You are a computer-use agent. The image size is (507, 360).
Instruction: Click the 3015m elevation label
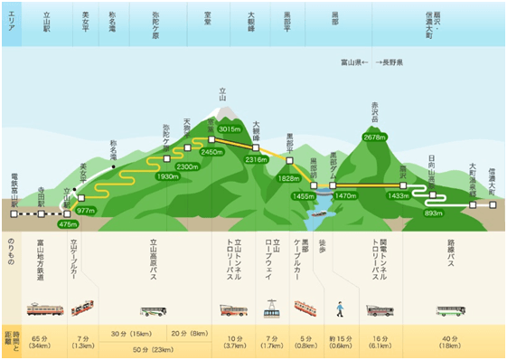tap(231, 130)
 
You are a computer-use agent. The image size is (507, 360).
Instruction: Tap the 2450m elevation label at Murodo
tap(211, 152)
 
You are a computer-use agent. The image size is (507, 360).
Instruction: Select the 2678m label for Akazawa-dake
tap(373, 137)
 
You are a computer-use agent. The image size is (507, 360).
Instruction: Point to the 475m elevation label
tap(68, 223)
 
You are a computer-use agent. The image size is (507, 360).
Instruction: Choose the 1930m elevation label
tap(168, 176)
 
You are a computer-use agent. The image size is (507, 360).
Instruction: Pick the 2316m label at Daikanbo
tap(257, 159)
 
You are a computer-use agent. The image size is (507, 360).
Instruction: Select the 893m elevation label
tap(433, 213)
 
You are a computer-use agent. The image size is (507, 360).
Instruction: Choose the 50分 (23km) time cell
tap(148, 348)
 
